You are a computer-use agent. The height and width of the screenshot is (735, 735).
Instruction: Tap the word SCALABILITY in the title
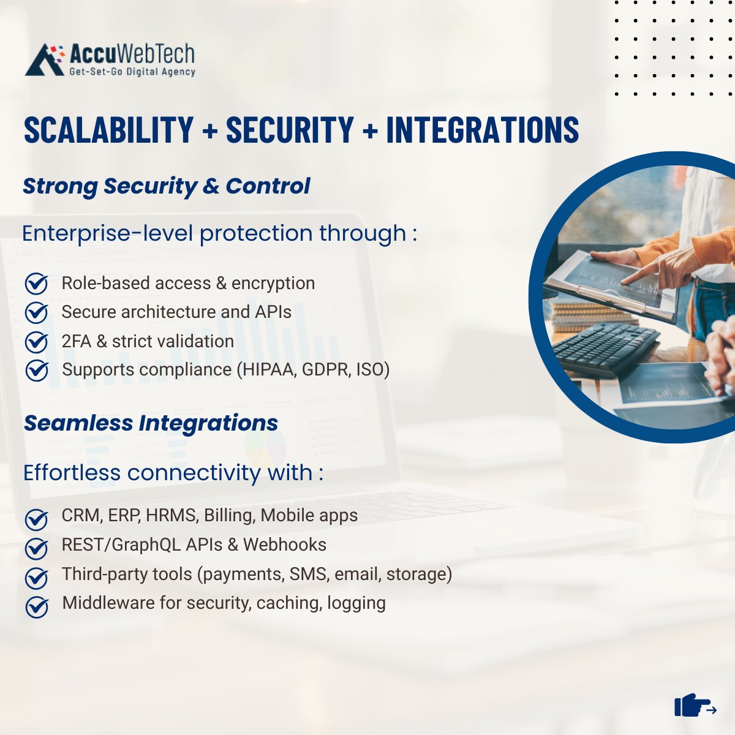point(108,129)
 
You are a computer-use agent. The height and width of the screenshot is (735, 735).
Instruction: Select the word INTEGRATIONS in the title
point(482,129)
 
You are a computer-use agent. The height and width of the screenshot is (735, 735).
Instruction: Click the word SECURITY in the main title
point(290,129)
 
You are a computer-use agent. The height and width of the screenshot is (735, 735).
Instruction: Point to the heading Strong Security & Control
point(166,186)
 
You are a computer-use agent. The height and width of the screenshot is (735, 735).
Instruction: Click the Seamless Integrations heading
point(151,423)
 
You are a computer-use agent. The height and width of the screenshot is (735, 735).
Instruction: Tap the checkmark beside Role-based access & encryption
point(37,284)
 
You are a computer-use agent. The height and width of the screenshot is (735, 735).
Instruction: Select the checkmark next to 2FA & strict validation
point(37,342)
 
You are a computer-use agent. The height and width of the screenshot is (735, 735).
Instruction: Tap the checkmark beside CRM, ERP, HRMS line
point(37,519)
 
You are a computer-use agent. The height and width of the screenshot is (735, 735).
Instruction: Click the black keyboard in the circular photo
point(603,348)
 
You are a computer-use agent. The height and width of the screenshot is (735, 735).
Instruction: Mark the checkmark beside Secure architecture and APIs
point(37,313)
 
